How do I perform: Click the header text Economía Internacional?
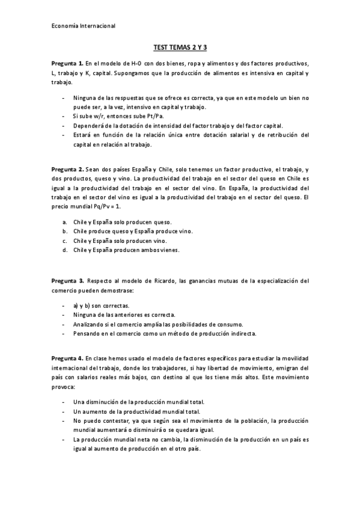pos(83,26)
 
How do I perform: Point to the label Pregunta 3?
pos(67,280)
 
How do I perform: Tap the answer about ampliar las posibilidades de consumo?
pos(158,324)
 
